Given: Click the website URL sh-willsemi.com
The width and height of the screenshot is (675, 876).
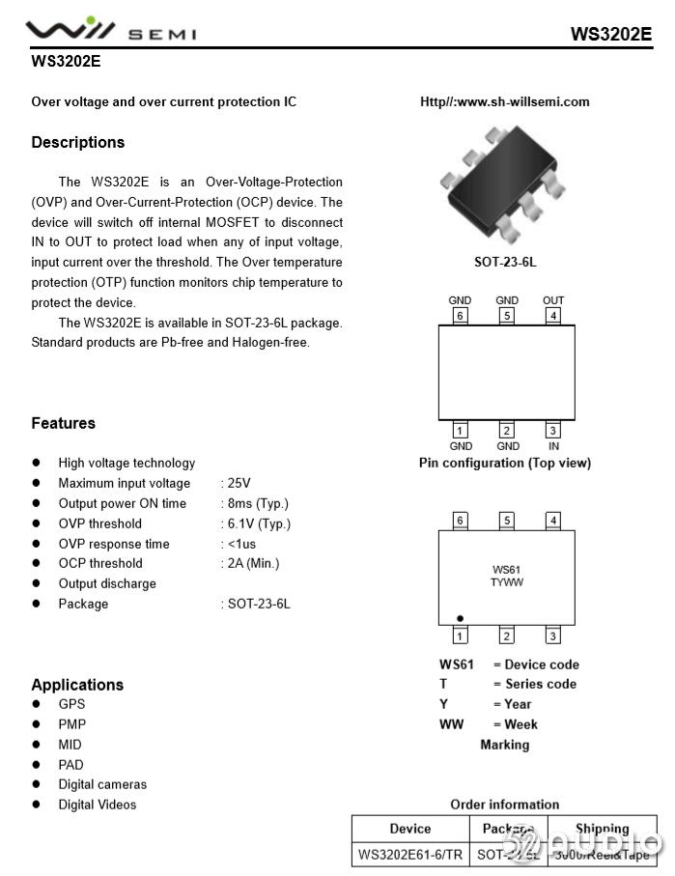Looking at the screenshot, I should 504,101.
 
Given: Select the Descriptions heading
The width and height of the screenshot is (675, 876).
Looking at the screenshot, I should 77,142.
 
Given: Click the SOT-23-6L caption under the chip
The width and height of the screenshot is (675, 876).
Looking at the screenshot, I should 505,262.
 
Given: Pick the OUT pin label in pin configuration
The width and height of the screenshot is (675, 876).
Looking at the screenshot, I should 553,300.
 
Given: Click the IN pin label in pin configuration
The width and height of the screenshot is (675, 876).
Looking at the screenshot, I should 553,446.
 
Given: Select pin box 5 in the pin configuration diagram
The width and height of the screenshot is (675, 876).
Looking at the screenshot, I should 507,315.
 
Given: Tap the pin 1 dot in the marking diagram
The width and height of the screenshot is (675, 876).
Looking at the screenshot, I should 461,618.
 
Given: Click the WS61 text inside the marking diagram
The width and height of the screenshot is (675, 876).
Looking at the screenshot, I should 506,570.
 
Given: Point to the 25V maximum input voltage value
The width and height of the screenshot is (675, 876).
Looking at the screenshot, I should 238,483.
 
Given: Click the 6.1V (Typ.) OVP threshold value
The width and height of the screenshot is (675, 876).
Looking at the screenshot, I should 258,523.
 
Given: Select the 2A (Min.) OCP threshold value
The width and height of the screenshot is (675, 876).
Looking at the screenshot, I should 253,563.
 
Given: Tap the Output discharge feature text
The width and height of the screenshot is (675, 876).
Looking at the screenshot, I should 106,583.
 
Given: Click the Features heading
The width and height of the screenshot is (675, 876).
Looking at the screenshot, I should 63,423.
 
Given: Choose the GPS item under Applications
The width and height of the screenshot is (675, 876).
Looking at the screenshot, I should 71,704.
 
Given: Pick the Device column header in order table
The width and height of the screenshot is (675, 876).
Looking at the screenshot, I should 410,829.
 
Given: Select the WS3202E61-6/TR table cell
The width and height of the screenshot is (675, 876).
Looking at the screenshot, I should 409,855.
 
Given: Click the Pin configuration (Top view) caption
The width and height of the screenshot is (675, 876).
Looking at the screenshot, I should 504,463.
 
